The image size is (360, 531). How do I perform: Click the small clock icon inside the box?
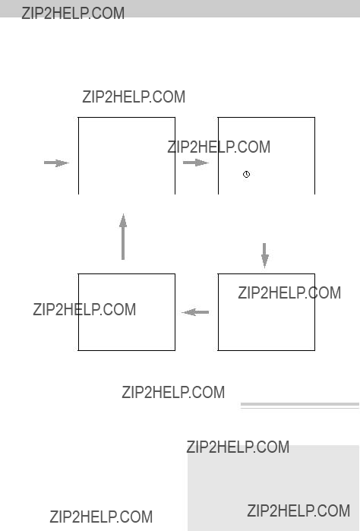[x=247, y=175]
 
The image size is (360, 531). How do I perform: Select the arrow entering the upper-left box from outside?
[x=56, y=163]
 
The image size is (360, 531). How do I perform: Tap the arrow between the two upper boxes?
[x=196, y=163]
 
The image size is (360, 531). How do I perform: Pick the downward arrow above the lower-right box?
[x=265, y=255]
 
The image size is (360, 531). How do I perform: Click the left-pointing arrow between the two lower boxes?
[x=195, y=312]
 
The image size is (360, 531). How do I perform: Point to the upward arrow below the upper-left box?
[x=123, y=237]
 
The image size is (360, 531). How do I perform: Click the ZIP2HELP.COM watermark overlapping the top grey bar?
[x=73, y=13]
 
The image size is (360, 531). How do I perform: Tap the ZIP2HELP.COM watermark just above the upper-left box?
[x=134, y=96]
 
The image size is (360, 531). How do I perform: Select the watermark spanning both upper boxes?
[x=219, y=147]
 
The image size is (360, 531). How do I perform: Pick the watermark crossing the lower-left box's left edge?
[x=84, y=309]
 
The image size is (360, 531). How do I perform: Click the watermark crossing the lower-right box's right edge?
[x=289, y=293]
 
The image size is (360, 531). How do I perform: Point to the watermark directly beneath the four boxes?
[x=173, y=392]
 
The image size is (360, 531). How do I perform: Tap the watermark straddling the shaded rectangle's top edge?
[x=238, y=447]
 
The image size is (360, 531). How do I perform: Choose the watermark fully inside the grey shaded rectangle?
[x=298, y=510]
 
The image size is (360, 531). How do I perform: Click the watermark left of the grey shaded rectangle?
[x=101, y=517]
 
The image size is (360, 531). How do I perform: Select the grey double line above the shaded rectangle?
[x=300, y=406]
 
